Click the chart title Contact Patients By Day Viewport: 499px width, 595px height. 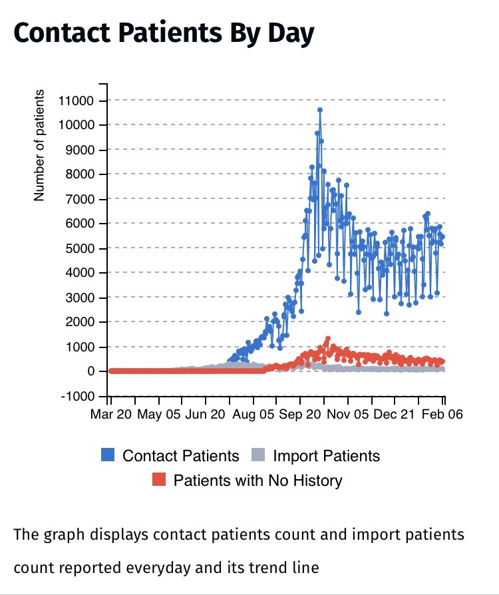(163, 34)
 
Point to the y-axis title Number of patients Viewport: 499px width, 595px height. (39, 145)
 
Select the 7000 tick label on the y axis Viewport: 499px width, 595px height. (83, 200)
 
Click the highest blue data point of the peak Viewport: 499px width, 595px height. (320, 110)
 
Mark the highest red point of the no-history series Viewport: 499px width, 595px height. (327, 339)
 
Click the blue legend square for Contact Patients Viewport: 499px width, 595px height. (108, 455)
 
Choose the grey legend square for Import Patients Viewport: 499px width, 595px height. (259, 455)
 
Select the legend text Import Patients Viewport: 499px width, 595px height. (327, 456)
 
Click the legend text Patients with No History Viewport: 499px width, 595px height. (258, 481)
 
